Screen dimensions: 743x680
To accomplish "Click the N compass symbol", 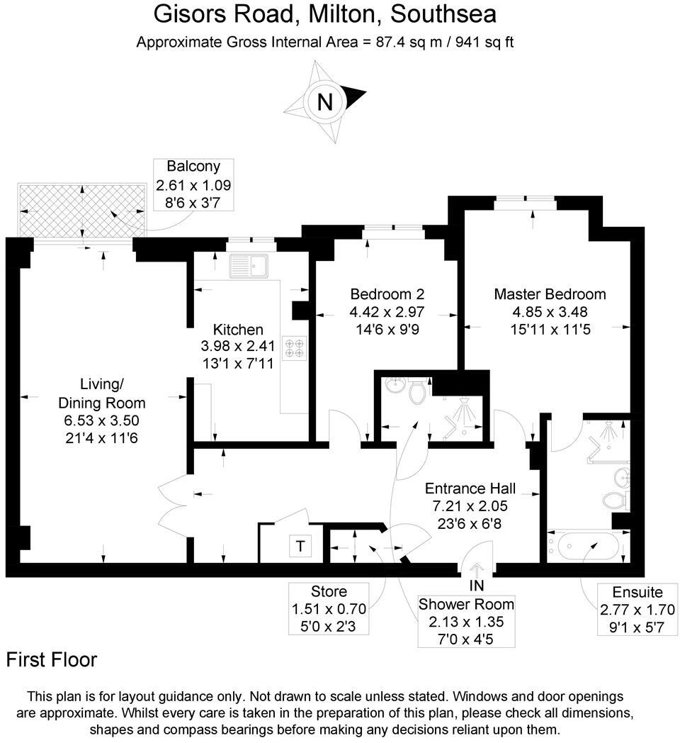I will point(325,102).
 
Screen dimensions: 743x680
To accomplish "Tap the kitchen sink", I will point(248,267).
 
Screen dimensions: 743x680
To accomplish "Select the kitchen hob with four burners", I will point(294,347).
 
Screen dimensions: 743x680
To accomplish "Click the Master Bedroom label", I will point(550,294).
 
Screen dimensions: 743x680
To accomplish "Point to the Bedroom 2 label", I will point(387,294).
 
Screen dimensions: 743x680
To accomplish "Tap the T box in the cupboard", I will point(301,546).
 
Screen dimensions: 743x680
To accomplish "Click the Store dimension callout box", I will point(329,609).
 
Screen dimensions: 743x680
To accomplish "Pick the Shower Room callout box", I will point(465,622).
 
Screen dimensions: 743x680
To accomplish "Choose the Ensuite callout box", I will point(637,609).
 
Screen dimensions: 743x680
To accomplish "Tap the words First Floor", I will point(52,660).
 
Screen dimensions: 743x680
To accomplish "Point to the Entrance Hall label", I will point(470,488).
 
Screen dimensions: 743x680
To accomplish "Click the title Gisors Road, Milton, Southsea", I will point(325,13).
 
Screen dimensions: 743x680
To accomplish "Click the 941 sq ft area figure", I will point(479,42).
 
